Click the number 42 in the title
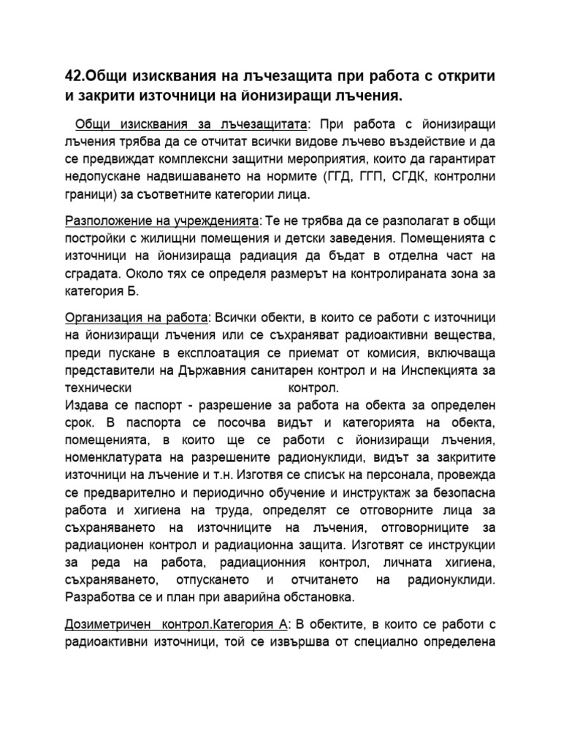point(73,77)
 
